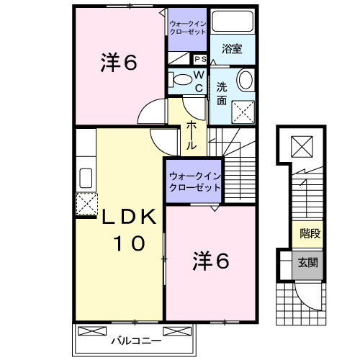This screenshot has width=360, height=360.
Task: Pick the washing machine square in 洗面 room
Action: point(244,109)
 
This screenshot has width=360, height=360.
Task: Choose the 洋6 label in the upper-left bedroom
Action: point(120,63)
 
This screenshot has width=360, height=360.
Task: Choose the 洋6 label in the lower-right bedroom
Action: point(211,261)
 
